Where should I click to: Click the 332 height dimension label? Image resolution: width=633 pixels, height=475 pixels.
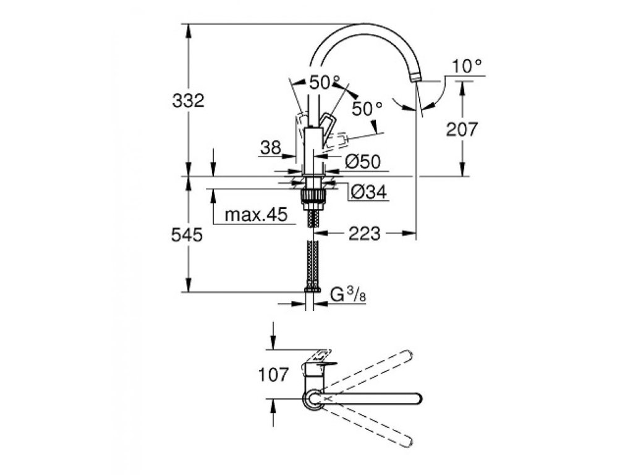(188, 100)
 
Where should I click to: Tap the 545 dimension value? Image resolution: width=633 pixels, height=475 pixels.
(187, 234)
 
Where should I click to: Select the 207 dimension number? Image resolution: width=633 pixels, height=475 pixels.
(462, 129)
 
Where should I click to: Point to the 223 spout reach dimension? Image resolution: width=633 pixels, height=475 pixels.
(365, 233)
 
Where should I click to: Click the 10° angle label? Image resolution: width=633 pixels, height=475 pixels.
(467, 66)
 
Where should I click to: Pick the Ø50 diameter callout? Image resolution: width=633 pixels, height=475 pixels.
(363, 161)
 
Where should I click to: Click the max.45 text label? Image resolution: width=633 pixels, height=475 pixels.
(256, 215)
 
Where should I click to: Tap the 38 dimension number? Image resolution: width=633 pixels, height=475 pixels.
(271, 148)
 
